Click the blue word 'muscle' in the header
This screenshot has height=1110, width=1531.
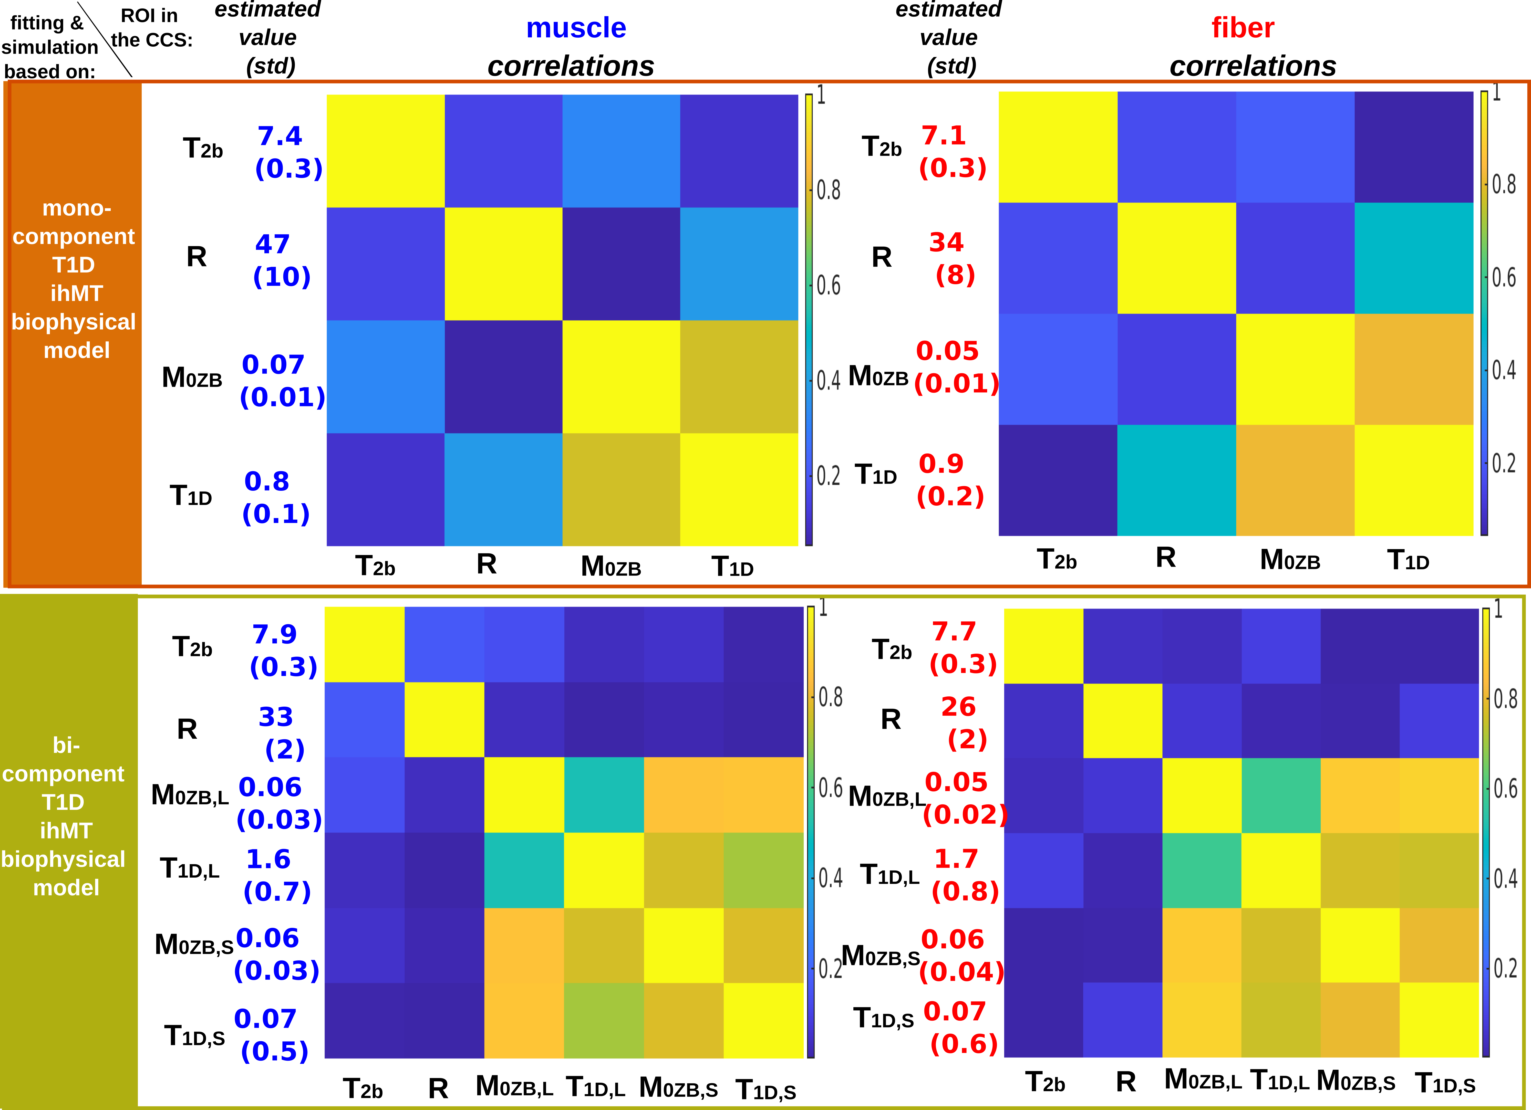coord(576,28)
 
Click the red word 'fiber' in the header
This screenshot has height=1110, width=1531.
coord(1243,28)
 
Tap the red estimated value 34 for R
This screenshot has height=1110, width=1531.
coord(946,242)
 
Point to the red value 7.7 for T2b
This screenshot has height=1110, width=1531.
coord(954,631)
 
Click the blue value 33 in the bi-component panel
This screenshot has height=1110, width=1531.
coord(275,716)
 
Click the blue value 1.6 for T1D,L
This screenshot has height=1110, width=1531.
coord(268,859)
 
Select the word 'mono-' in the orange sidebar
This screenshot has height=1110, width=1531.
coord(76,208)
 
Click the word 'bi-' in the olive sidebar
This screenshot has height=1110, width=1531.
coord(66,745)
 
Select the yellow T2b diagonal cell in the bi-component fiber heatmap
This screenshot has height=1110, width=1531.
coord(1044,646)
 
